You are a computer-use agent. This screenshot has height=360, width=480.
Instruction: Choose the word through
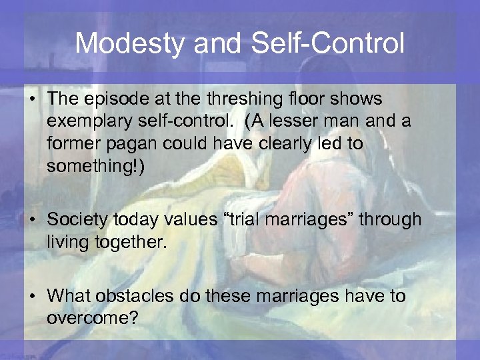(389, 219)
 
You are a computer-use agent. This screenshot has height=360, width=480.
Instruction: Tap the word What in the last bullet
(71, 295)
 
